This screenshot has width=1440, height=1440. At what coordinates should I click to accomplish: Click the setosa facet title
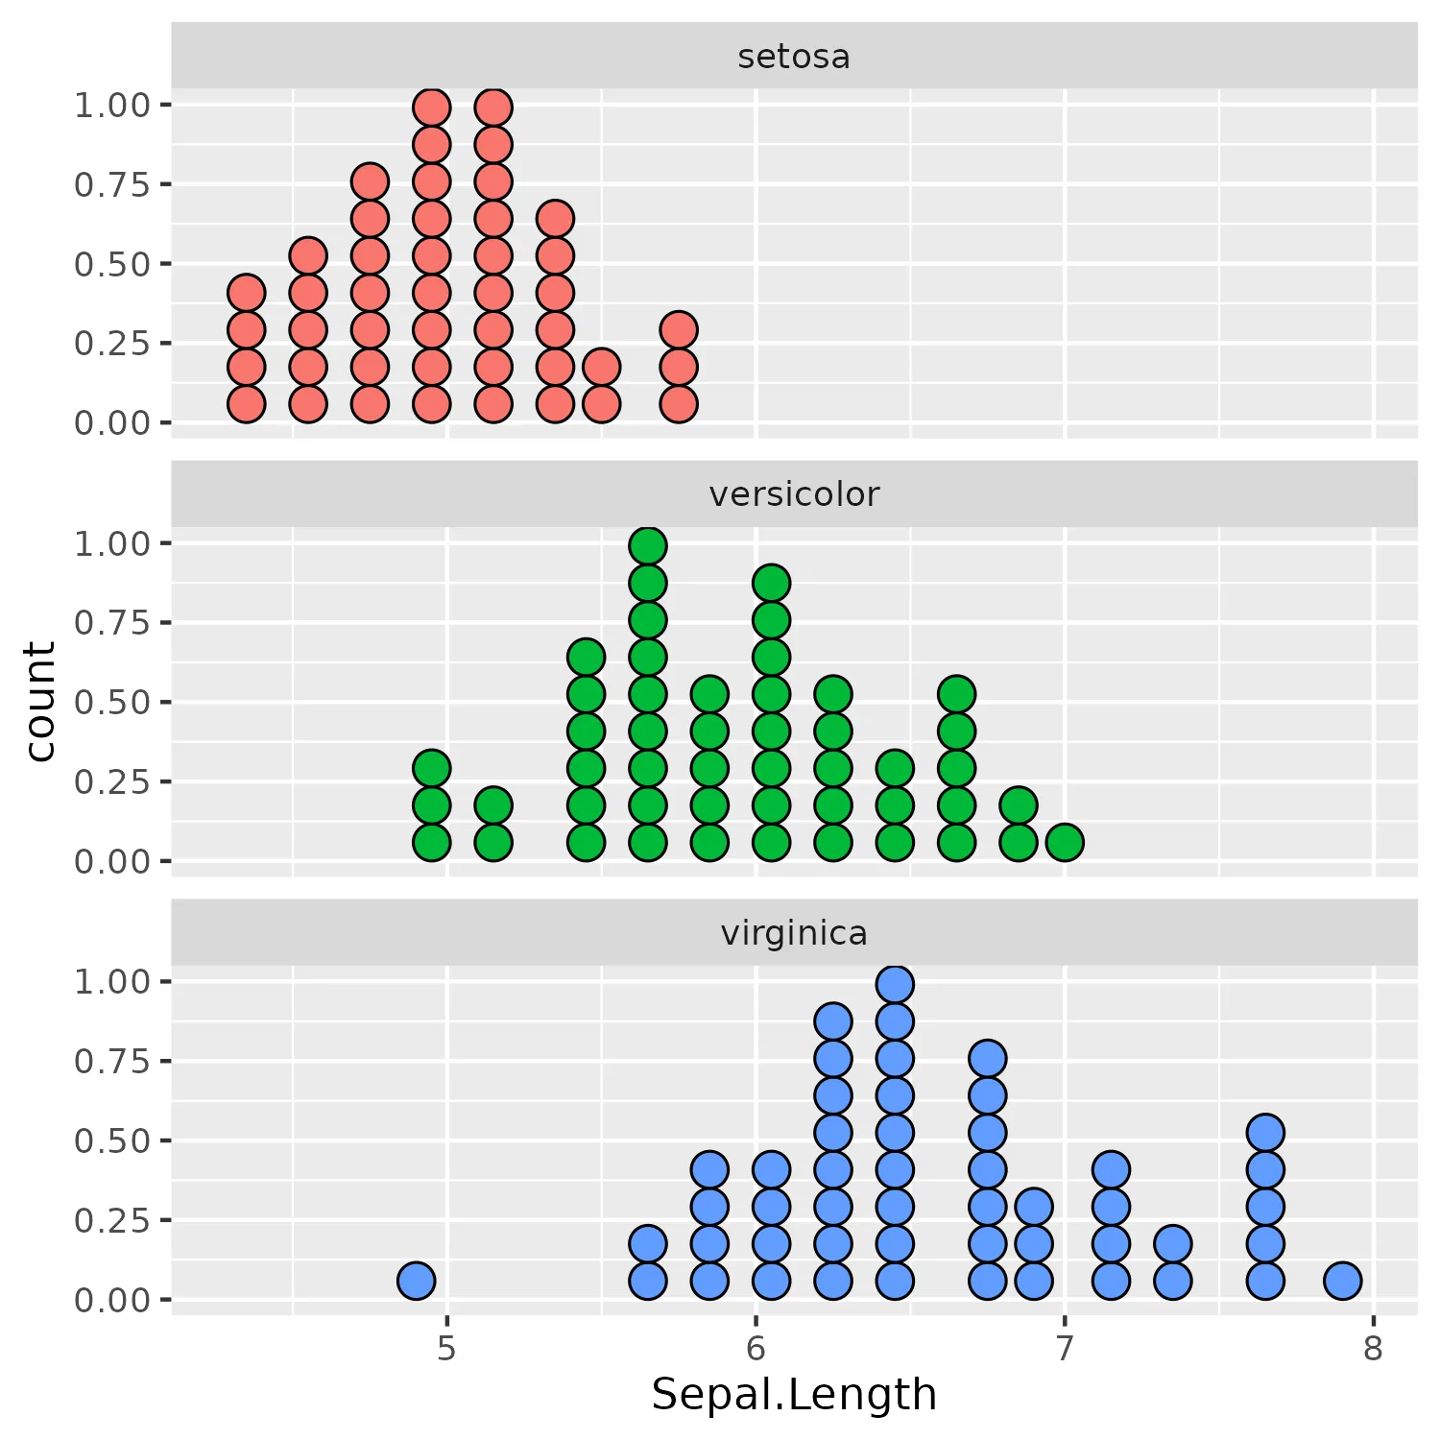point(793,57)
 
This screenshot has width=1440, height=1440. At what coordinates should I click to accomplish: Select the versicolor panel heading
point(793,494)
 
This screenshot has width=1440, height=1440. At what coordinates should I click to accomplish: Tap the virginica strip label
point(793,933)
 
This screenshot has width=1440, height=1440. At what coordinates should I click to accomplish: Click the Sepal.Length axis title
point(793,1394)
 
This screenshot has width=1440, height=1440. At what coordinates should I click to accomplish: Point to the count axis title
point(40,701)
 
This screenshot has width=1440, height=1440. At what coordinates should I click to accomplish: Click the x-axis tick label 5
point(446,1349)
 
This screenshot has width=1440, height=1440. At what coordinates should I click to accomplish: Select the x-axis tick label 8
point(1373,1349)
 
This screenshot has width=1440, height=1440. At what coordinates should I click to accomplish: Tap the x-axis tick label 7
point(1064,1349)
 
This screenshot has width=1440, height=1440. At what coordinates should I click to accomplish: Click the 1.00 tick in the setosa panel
point(112,105)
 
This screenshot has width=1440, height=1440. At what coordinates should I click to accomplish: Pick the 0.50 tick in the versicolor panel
point(112,702)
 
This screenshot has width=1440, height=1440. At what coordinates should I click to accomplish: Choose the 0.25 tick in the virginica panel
point(112,1220)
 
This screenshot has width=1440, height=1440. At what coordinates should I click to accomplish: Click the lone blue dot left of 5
point(416,1280)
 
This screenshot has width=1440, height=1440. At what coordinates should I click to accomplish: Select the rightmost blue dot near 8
point(1342,1280)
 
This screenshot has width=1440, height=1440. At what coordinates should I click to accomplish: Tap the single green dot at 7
point(1065,842)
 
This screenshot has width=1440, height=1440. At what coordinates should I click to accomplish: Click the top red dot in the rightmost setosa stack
point(678,330)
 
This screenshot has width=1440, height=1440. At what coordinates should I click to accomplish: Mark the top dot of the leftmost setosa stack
point(246,293)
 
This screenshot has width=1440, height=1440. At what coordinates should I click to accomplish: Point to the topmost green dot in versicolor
point(648,546)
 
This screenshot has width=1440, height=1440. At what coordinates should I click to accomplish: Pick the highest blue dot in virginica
point(895,984)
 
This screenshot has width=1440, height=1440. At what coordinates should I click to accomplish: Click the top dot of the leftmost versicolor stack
point(431,768)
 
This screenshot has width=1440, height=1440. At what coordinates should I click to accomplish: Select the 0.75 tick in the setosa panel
point(112,184)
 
